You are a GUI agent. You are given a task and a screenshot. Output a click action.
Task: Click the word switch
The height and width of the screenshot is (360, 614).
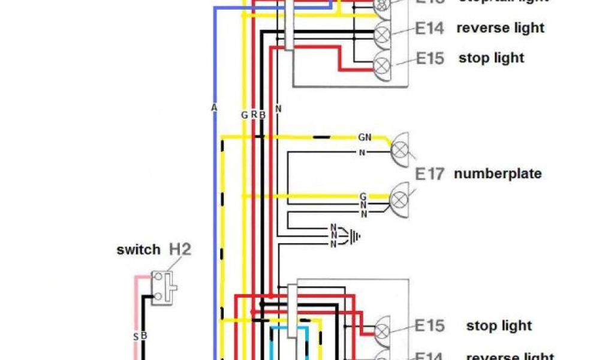point(139,250)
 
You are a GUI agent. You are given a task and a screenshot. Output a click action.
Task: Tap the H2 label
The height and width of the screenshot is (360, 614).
point(180,248)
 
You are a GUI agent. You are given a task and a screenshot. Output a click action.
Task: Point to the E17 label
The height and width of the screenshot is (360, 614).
point(430,174)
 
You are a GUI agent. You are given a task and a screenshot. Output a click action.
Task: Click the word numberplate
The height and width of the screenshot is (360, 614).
point(498,174)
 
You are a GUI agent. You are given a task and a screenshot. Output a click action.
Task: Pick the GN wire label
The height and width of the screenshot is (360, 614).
point(365,137)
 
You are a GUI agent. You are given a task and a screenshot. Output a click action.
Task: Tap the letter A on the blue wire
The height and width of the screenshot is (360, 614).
point(214,107)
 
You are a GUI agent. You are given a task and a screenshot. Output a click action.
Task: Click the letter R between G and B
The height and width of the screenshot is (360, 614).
point(254,113)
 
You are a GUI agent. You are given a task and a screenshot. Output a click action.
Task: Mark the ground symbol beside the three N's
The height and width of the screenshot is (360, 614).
point(355,236)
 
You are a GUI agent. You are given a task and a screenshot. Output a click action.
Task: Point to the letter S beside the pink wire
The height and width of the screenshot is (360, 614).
point(136,337)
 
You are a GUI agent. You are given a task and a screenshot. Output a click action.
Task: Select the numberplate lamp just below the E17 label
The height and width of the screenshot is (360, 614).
point(399,198)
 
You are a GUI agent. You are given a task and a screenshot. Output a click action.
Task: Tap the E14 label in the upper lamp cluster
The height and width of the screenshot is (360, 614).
point(429,28)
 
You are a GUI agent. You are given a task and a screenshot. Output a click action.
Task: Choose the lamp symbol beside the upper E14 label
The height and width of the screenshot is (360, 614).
point(382,33)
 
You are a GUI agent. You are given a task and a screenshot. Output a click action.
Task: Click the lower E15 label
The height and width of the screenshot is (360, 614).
point(430,326)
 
